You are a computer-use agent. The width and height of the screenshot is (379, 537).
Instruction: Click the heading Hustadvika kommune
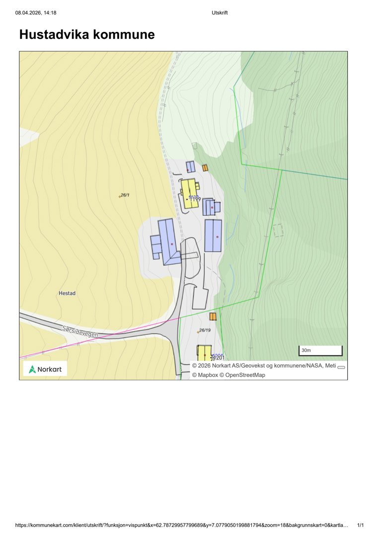click(86, 35)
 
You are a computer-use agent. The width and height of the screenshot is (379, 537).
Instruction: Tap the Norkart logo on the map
click(45, 369)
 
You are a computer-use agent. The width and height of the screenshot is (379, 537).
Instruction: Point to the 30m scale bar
click(320, 351)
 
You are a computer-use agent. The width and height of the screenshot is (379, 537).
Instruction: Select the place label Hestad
click(67, 293)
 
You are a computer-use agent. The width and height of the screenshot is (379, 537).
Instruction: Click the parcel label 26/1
click(125, 195)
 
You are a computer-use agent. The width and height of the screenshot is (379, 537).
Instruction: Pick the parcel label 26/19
click(205, 330)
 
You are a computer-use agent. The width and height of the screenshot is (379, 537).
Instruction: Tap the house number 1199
click(195, 199)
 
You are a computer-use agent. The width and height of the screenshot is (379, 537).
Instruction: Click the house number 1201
click(219, 358)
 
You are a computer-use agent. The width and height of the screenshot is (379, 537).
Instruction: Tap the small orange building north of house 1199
click(205, 168)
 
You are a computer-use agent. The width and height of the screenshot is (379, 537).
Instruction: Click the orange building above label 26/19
click(213, 317)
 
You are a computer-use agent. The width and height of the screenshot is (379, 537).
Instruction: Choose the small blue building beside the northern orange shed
click(190, 166)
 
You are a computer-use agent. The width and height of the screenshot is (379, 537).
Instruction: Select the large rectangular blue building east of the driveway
click(213, 235)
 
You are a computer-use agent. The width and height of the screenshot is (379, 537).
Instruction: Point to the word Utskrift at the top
click(219, 12)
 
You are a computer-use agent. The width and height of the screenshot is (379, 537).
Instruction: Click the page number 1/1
click(361, 525)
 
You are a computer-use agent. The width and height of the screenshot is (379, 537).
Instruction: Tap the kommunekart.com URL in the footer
click(181, 525)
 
